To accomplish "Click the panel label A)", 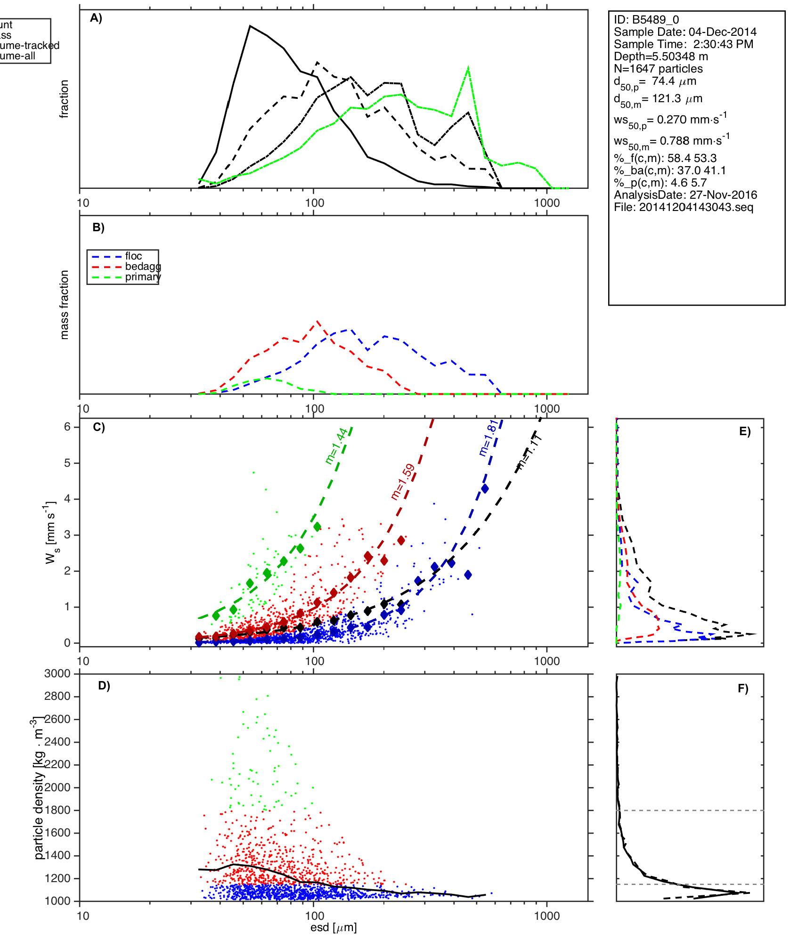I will [96, 18].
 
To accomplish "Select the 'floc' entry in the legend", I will [133, 256].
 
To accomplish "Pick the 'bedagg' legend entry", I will [143, 267].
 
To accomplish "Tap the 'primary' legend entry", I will [143, 277].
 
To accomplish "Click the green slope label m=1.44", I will [336, 446].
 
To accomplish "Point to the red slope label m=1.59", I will [403, 481].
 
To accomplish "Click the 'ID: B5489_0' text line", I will [646, 20].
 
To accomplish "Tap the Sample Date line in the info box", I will [685, 32].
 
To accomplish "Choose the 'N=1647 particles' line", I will [658, 69].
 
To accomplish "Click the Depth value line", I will [661, 57].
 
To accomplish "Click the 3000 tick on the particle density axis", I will [57, 673].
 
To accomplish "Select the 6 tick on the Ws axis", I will [68, 427].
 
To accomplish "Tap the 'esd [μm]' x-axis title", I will [334, 927].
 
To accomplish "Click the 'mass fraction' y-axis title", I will [65, 305].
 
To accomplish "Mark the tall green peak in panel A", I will [468, 68].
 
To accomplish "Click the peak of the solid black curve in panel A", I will [250, 26].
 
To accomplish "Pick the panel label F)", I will [743, 689].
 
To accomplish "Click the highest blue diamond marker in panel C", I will [485, 489].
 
